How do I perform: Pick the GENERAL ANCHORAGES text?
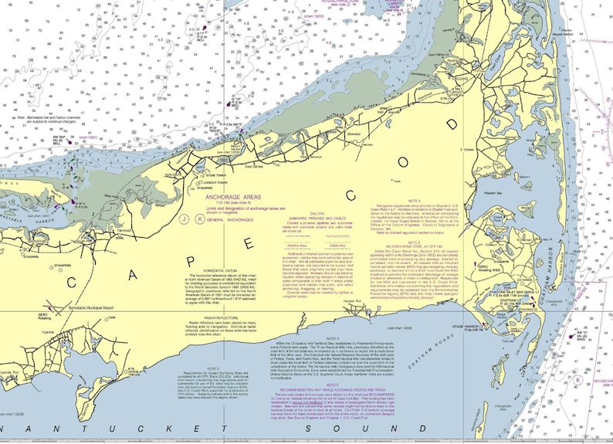click(235, 219)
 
